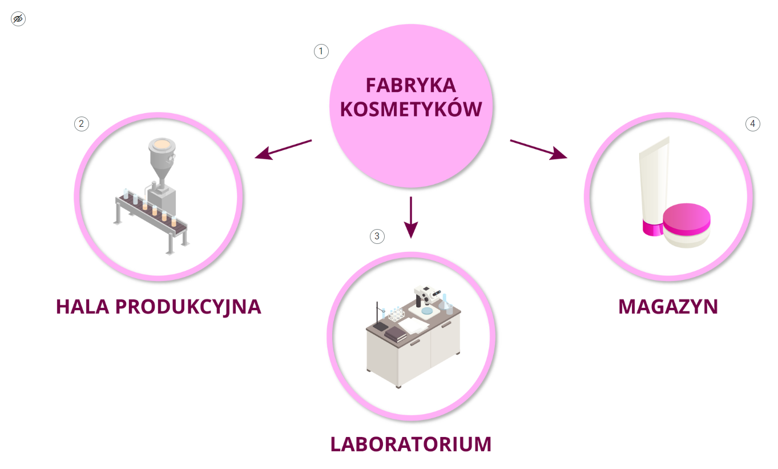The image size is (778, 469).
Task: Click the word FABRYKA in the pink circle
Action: pos(410,85)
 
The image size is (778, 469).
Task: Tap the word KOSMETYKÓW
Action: pos(410,109)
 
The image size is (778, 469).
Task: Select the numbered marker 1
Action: pos(321,51)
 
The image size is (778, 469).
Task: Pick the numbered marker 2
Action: pos(82,123)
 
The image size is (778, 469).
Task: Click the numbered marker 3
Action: pos(377,236)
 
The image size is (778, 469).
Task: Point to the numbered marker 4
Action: pos(753,124)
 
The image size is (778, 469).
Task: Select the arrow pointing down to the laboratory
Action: pos(410,217)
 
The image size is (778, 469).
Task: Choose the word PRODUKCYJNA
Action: pos(188,307)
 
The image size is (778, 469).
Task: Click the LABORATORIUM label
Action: pos(410,444)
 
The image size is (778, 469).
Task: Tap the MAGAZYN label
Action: pos(668,307)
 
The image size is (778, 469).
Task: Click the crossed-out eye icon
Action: pos(18,19)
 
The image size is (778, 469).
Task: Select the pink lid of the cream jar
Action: pos(687,218)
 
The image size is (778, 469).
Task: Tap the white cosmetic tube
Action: pos(654,177)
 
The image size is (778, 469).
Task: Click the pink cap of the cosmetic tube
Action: pos(650,229)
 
